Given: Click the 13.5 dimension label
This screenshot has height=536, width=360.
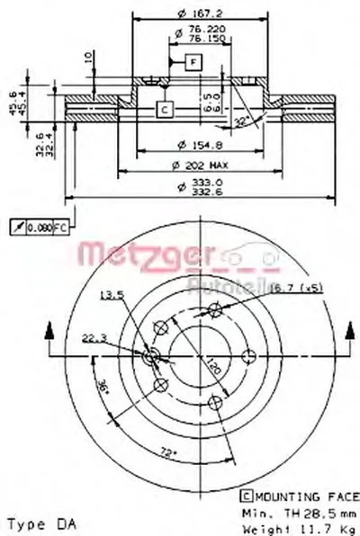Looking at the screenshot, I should click(110, 294).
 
